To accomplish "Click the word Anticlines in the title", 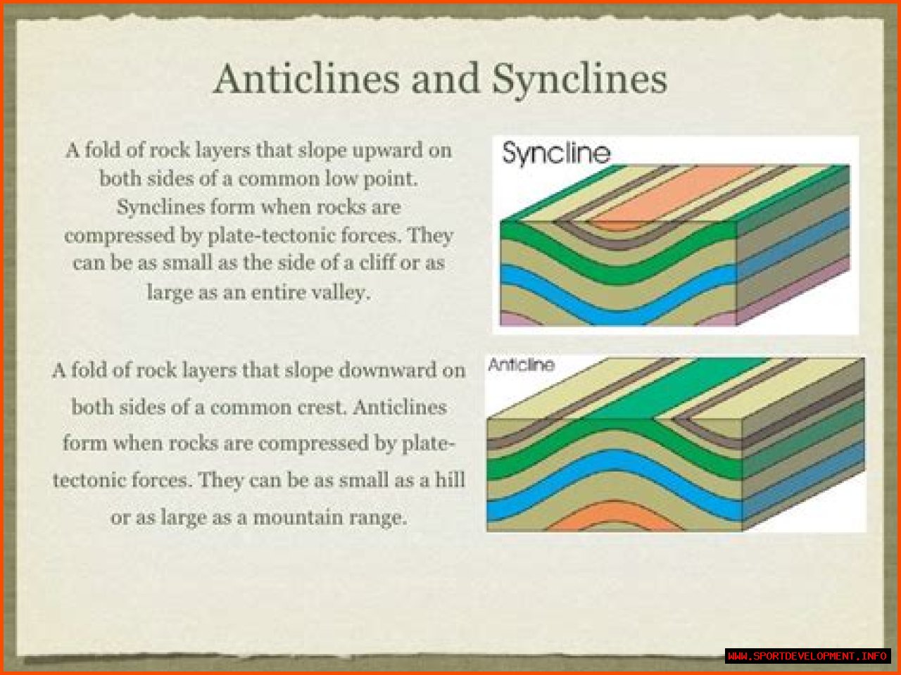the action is tap(306, 79).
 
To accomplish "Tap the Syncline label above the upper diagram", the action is tap(556, 154).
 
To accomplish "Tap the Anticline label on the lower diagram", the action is tap(521, 365).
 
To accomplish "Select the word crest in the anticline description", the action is tap(323, 408).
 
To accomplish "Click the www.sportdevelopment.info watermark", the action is tap(807, 656).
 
